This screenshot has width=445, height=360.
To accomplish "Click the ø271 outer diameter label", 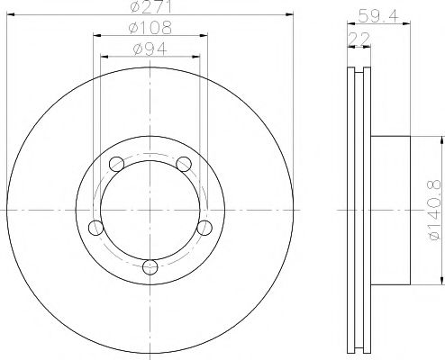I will (148, 7).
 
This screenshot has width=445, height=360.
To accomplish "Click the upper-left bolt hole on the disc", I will (114, 164).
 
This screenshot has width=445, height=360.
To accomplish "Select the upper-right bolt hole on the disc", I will (184, 164).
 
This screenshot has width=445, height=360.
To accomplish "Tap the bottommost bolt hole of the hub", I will (150, 266).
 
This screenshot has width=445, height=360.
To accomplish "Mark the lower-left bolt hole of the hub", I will (94, 227).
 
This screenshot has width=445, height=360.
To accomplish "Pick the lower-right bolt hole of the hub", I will (204, 227).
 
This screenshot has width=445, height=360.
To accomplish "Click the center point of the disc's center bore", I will (150, 210).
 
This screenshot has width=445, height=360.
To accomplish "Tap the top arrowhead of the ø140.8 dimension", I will (441, 140).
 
